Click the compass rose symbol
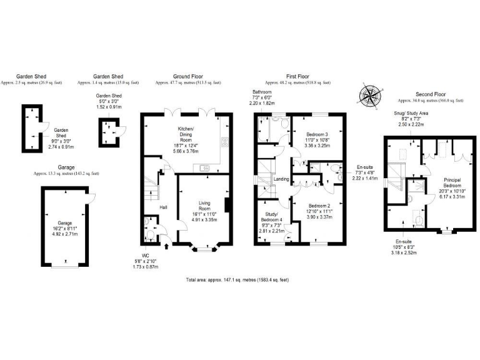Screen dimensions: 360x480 (x=369, y=96)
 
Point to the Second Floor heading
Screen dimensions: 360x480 (x=429, y=94)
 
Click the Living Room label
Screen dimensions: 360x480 (x=204, y=202)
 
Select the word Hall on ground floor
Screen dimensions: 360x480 (x=162, y=207)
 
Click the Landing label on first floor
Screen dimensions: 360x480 (x=282, y=179)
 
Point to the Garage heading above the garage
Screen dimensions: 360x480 (x=66, y=167)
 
